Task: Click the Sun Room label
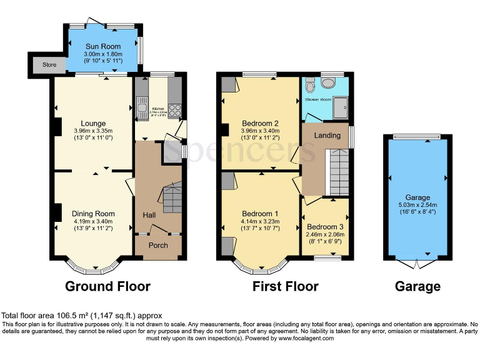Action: click(x=102, y=46)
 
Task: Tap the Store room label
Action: click(x=41, y=64)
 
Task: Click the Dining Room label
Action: click(x=92, y=212)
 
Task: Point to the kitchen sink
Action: click(x=142, y=107)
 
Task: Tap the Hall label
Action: click(x=149, y=215)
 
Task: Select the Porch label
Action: click(x=157, y=245)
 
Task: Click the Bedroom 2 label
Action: click(x=259, y=123)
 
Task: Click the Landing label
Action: click(x=327, y=135)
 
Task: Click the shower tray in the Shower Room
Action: click(x=341, y=107)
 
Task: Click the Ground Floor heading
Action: click(x=107, y=286)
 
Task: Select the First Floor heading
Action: click(x=285, y=286)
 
